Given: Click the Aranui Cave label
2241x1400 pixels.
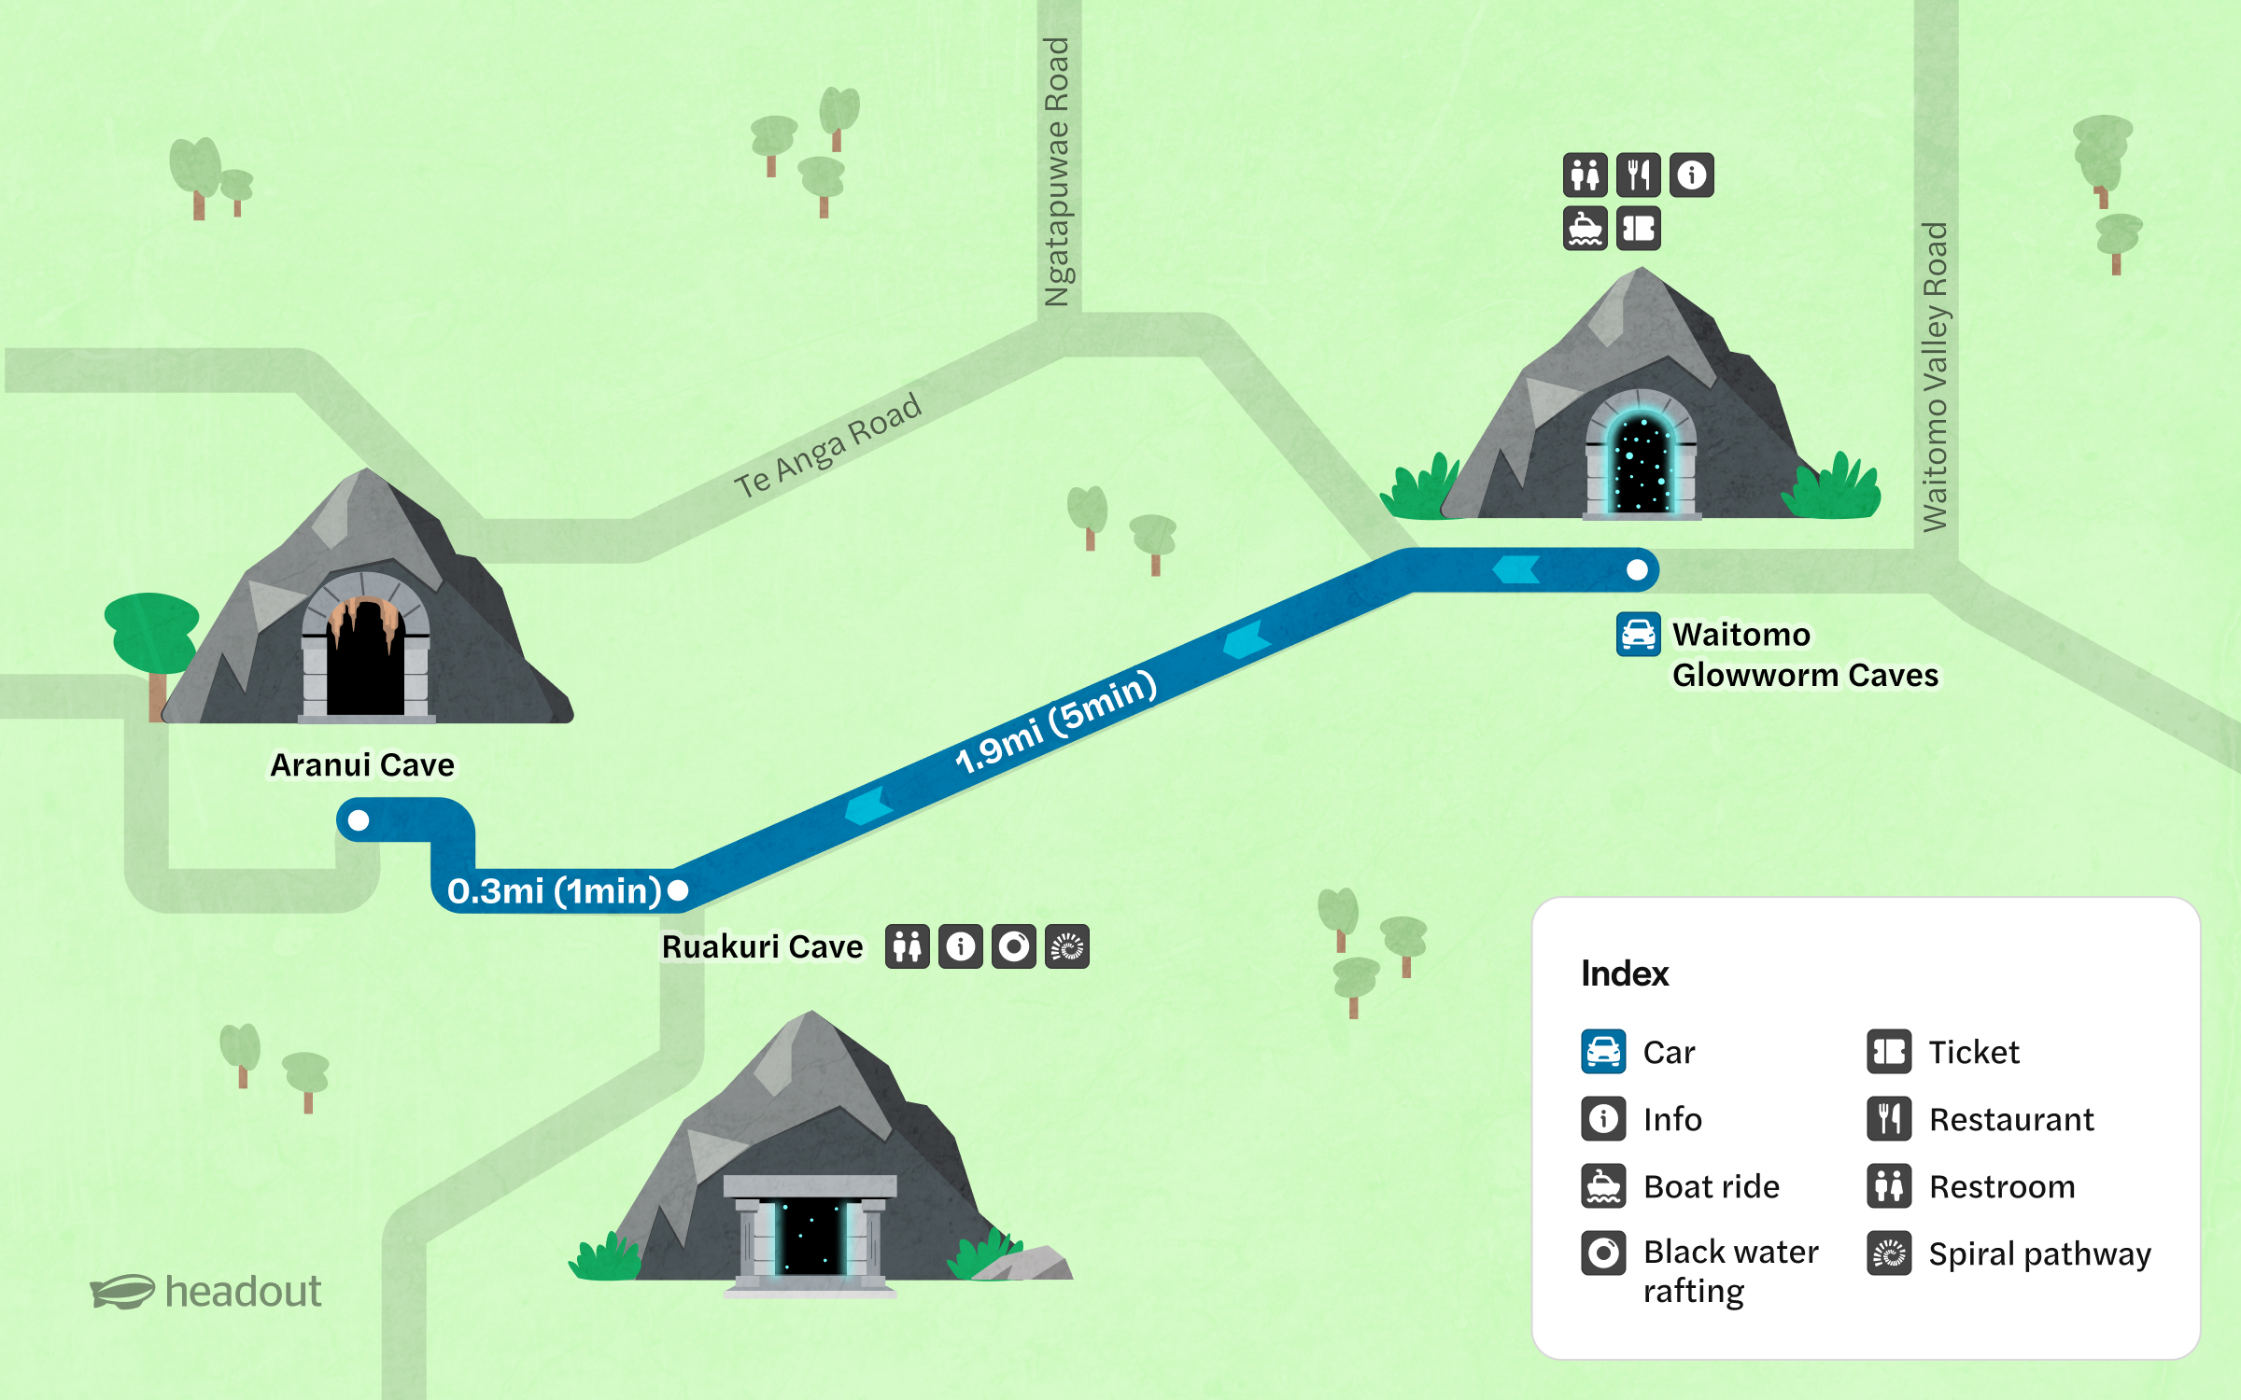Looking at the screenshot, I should (362, 765).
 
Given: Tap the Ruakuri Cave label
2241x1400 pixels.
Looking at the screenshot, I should (762, 947).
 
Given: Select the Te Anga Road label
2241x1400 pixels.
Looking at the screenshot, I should (827, 446).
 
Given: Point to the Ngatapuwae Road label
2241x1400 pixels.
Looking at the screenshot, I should (1057, 173).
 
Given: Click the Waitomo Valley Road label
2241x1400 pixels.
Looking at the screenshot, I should (1935, 377).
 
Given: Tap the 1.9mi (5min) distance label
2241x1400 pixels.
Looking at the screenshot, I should (1056, 723).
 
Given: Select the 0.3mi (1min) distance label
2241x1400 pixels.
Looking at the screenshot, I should (554, 891).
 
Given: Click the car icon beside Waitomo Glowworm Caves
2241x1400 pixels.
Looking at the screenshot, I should (1638, 635).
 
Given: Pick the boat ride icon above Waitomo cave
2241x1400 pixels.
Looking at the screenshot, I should (1585, 229).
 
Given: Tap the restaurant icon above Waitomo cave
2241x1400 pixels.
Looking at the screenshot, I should (1638, 175).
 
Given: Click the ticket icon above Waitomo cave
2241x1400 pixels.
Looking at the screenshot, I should (1638, 229).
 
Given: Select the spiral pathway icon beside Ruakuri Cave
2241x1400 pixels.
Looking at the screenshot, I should (1067, 947).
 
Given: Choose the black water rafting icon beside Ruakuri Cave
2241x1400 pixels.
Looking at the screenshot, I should (1014, 947).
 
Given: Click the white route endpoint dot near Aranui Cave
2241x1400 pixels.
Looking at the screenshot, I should (359, 820).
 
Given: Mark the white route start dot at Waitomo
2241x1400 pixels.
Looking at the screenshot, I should (1637, 569).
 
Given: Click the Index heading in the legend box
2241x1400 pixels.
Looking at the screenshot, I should (1625, 973).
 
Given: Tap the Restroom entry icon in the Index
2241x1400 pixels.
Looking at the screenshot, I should (1889, 1186).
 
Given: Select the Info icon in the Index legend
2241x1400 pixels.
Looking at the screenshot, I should (1603, 1119).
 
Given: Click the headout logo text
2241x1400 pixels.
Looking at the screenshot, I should (243, 1292).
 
